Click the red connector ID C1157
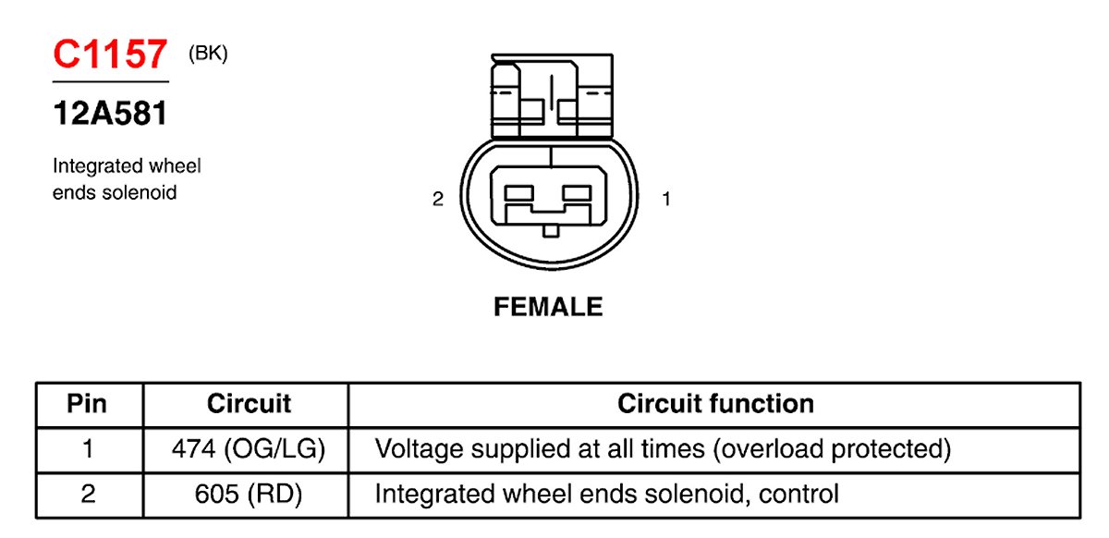click(x=110, y=55)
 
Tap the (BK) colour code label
click(x=208, y=54)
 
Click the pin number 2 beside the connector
click(x=438, y=199)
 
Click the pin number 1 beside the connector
click(x=665, y=199)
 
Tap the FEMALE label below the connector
click(x=548, y=307)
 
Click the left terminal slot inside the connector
click(x=521, y=192)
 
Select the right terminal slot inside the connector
click(x=577, y=192)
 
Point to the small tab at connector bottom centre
click(x=550, y=230)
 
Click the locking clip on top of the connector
click(x=550, y=97)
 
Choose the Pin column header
click(x=88, y=404)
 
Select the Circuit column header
click(x=249, y=404)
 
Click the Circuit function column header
click(x=715, y=404)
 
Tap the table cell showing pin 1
click(x=88, y=449)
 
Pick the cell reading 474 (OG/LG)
click(x=249, y=449)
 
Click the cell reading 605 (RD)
click(x=249, y=494)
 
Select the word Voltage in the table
click(x=420, y=449)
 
